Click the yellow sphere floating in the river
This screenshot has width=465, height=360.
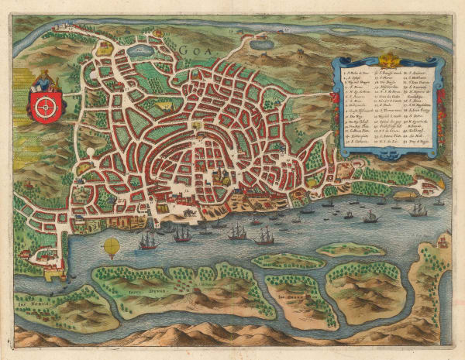[x=111, y=247]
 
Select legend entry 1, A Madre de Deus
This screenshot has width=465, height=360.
[x=358, y=72]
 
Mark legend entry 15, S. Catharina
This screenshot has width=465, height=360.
[x=358, y=143]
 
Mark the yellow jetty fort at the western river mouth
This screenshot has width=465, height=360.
[x=58, y=273]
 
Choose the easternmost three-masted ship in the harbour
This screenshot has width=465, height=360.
[x=418, y=209]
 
